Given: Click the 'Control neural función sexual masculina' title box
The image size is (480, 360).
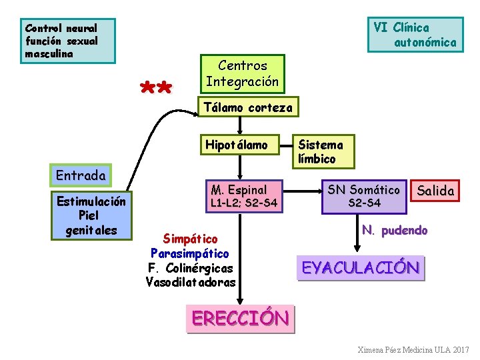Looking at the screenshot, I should pos(67,41).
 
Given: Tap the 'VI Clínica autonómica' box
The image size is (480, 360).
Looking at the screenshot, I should pos(415,35).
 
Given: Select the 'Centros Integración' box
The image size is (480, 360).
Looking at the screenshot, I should pos(242,74).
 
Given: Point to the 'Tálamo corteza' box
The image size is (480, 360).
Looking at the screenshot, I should pos(247,107).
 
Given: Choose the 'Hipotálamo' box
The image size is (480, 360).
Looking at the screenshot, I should pos(237,145).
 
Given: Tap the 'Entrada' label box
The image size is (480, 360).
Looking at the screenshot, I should pos(81,175).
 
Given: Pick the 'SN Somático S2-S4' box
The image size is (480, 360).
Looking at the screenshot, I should pos(364,196).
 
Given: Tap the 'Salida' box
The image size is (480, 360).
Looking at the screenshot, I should pos(435,191).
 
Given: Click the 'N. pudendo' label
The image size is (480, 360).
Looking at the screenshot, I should pos(395,230).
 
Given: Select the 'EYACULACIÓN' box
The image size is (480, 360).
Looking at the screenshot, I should pos(361,268).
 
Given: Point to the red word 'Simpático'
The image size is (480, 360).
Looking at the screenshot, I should pos(191,239).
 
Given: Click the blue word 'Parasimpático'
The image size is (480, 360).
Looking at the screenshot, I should pos(190,253).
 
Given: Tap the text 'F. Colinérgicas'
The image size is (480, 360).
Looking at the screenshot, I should pos(191,268).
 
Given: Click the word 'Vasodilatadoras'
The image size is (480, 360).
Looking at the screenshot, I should pos(191,282).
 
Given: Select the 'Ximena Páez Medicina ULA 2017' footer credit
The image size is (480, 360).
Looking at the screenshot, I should pos(413,350).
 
